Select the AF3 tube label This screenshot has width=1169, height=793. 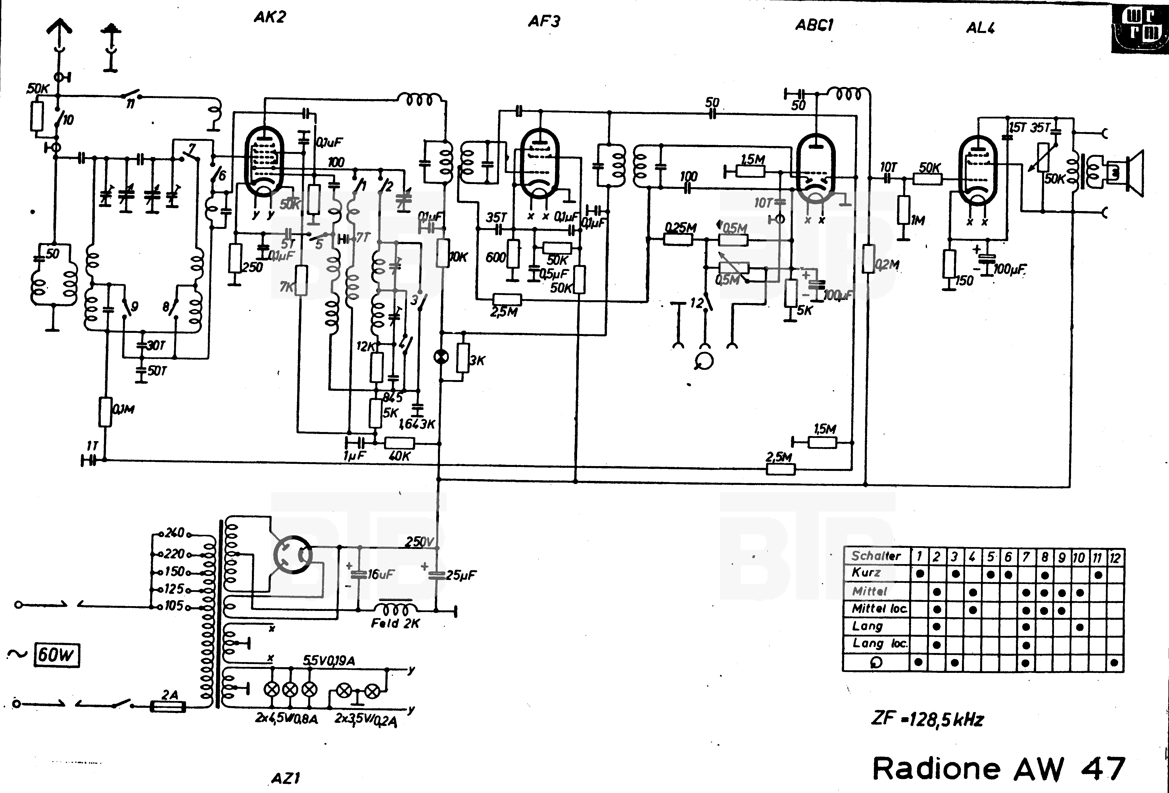pos(544,21)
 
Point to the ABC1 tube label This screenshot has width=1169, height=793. pos(814,25)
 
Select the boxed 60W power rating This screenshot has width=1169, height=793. pos(56,655)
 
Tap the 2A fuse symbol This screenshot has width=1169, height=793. pos(168,706)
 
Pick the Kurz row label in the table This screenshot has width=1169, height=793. pos(866,573)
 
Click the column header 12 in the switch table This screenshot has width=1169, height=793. pos(1115,558)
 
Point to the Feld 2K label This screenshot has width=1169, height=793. pos(395,623)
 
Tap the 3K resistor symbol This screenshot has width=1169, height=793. pos(463,358)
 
